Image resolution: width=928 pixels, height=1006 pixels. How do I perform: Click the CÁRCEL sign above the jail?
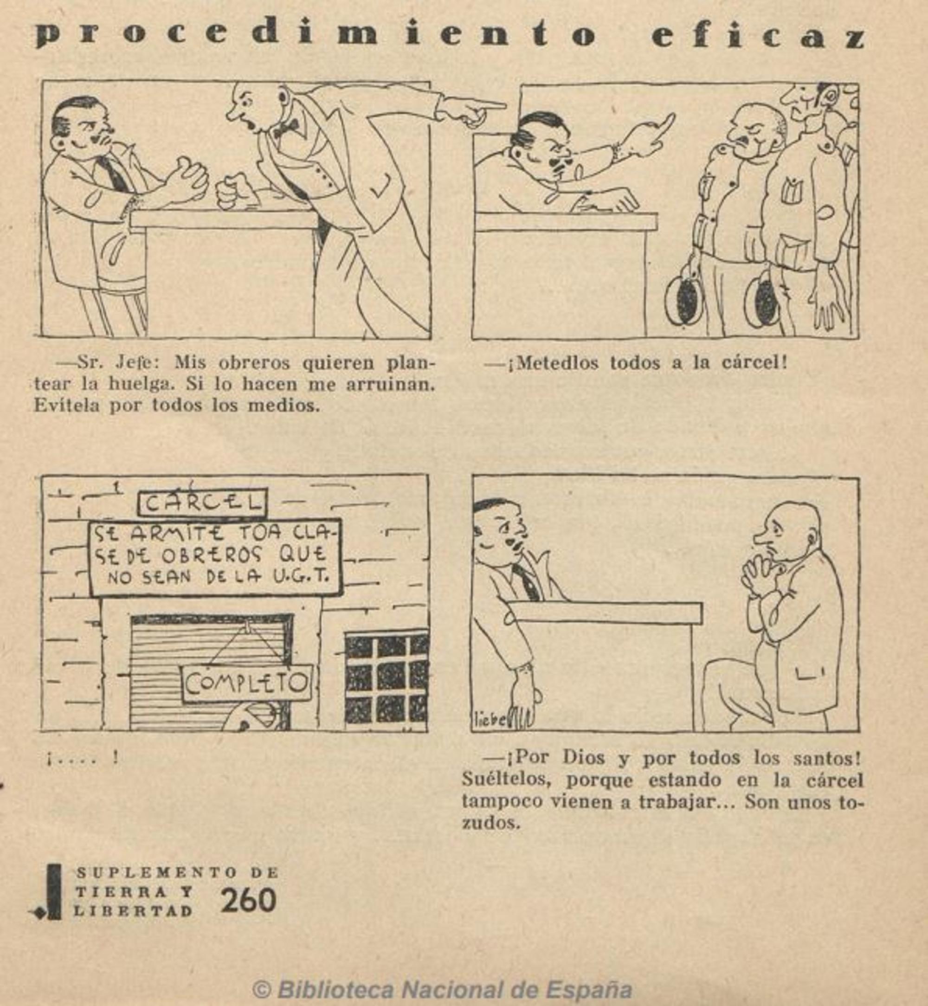(x=202, y=502)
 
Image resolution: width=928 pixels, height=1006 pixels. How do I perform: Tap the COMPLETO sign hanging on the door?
(x=246, y=683)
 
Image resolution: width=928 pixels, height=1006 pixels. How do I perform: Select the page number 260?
(x=248, y=900)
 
